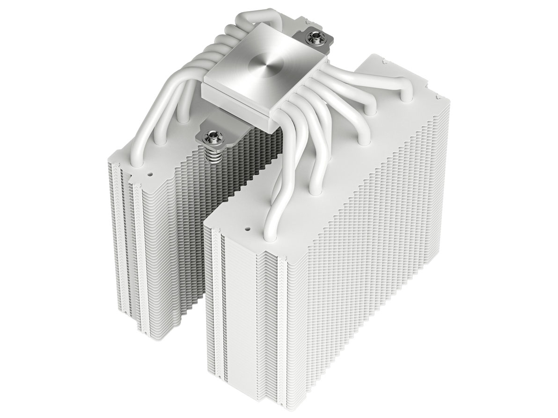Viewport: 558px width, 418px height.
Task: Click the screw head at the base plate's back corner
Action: click(310, 36)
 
